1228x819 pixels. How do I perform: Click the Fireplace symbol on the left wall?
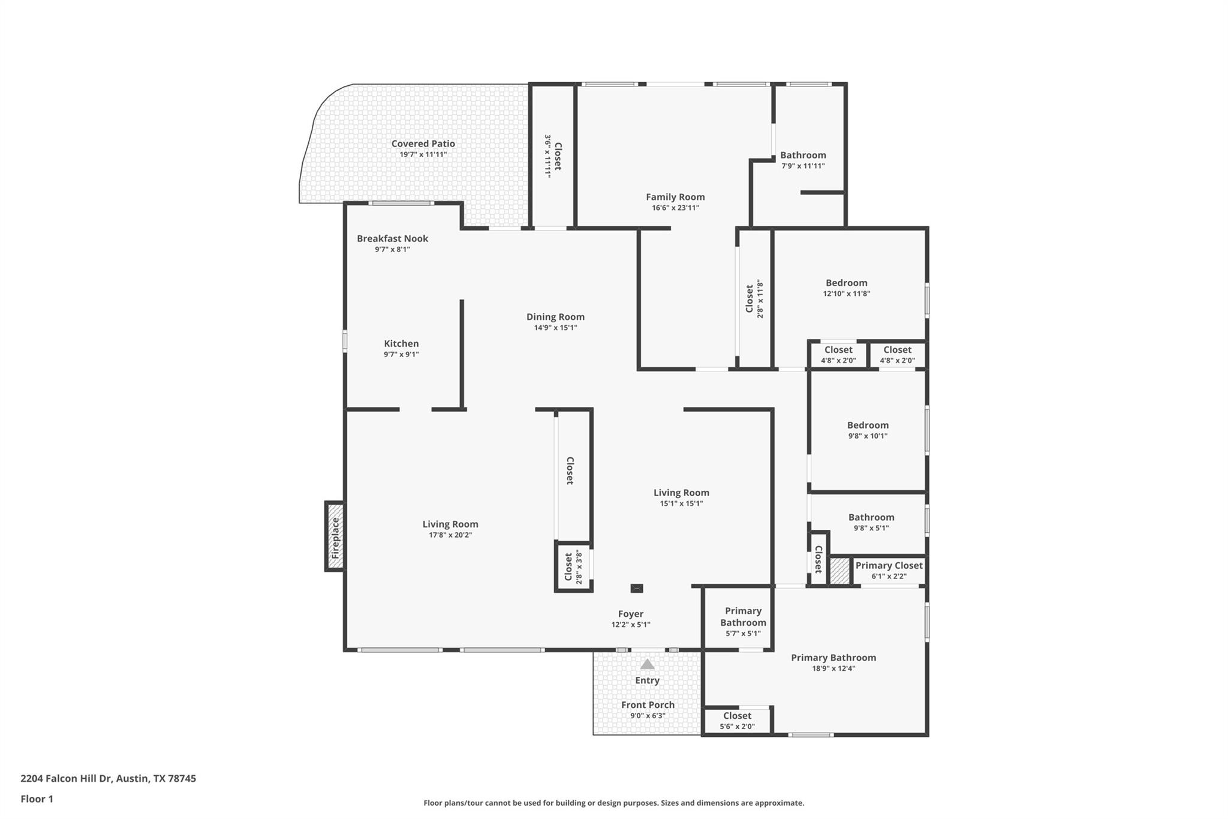tap(335, 536)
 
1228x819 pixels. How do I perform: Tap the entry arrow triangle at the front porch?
tap(647, 664)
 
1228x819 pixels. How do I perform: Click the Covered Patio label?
tap(423, 143)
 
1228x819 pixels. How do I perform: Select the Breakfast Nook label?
tap(392, 238)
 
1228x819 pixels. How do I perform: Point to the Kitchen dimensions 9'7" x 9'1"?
tap(401, 355)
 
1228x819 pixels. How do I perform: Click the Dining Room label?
tap(555, 317)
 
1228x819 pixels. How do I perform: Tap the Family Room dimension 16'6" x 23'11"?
tap(675, 208)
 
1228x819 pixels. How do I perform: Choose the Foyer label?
tap(630, 614)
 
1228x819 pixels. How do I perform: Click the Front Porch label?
tap(648, 705)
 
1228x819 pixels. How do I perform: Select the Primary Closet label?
tap(889, 565)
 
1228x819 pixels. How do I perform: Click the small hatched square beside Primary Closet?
tap(839, 571)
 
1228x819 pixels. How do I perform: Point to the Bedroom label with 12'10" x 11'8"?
tap(846, 283)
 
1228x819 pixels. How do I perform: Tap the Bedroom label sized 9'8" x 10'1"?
tap(868, 425)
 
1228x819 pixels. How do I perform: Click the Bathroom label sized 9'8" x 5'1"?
tap(871, 517)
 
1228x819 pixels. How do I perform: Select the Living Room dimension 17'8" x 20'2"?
tap(450, 535)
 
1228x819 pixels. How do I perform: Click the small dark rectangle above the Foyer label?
tap(637, 589)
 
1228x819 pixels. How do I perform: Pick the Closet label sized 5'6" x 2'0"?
tap(737, 716)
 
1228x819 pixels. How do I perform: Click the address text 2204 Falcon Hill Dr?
tap(67, 778)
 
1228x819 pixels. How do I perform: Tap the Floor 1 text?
tap(37, 799)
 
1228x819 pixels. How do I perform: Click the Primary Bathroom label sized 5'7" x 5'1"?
tap(743, 616)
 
